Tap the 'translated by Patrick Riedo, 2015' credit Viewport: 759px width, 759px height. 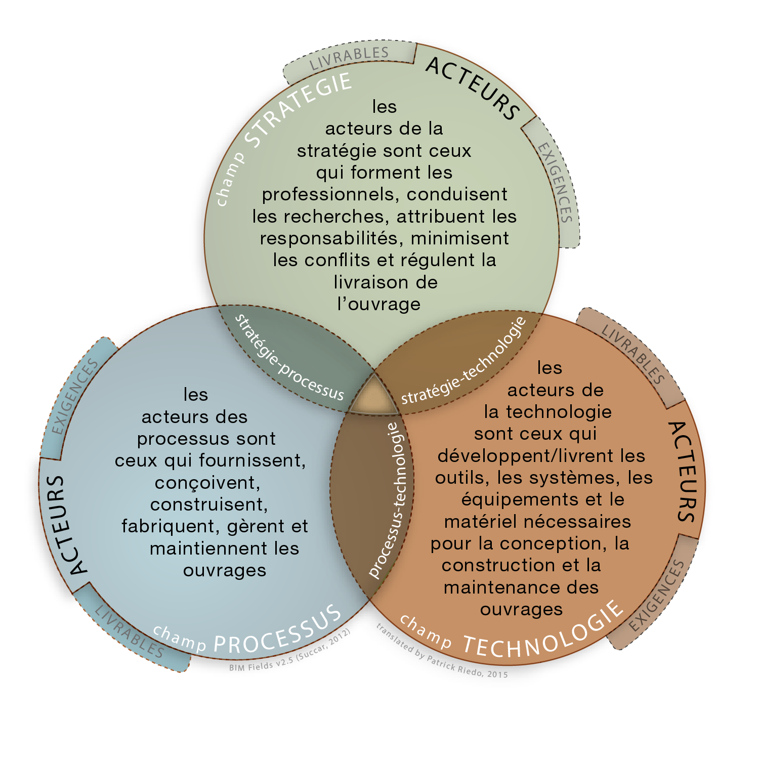(441, 652)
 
